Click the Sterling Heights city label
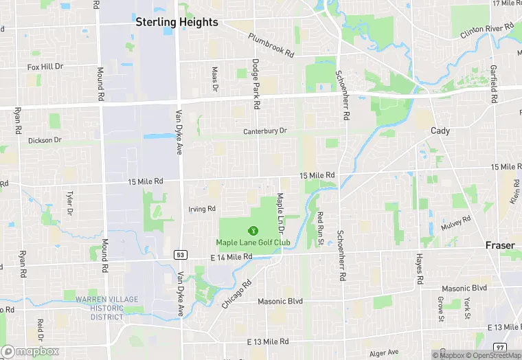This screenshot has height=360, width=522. [177, 22]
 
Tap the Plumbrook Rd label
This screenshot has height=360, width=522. [271, 45]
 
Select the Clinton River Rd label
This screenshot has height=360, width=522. [488, 31]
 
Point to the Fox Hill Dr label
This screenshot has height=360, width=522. [45, 67]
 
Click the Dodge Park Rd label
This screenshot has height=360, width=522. [256, 84]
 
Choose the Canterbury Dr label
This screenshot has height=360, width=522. [264, 131]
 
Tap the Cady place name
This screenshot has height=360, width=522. [440, 131]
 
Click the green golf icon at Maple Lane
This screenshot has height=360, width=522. [253, 230]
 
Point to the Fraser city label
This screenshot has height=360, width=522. [500, 245]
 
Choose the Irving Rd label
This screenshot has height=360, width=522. [202, 209]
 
